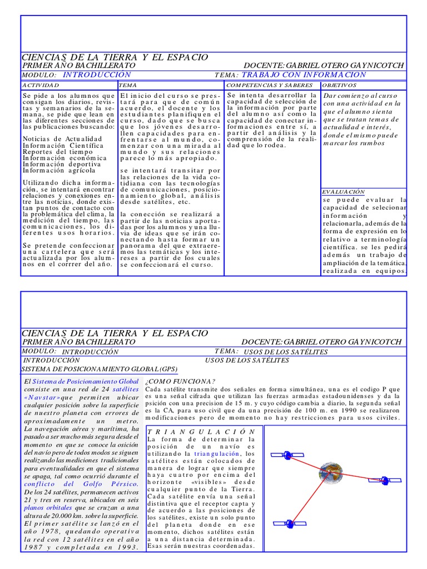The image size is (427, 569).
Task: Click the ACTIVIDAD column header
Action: [40, 86]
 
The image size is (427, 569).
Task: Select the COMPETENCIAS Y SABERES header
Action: [262, 86]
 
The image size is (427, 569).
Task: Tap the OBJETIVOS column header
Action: [340, 86]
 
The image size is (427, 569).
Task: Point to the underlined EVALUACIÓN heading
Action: [343, 191]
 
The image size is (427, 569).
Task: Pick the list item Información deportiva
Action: [62, 164]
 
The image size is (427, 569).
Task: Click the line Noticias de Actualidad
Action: [62, 138]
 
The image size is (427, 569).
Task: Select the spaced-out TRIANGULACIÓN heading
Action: [202, 431]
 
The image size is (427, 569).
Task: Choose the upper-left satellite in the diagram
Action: [284, 454]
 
